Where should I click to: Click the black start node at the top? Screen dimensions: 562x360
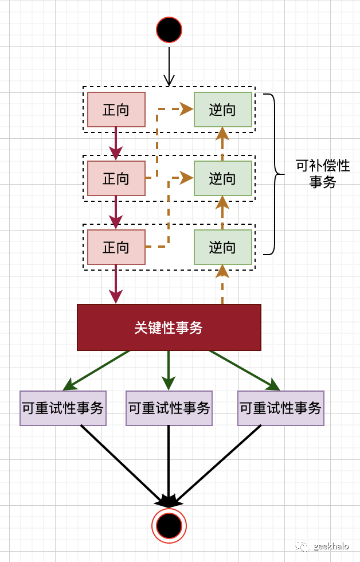pos(169,30)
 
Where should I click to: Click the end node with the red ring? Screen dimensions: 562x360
pos(169,525)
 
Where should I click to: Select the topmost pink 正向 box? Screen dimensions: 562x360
pos(116,110)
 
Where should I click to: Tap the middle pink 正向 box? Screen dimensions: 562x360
pos(116,178)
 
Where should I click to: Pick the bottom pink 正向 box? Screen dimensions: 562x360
pos(116,247)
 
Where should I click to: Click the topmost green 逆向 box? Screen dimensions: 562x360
pos(222,110)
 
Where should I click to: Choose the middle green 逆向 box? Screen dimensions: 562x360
pos(222,178)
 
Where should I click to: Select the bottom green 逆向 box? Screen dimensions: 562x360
pos(222,247)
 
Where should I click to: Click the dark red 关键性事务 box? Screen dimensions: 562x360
pos(169,327)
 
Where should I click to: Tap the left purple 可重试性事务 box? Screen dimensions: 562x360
pos(63,408)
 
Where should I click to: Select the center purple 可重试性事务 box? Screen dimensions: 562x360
pos(169,408)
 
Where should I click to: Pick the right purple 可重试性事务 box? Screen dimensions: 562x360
pos(281,408)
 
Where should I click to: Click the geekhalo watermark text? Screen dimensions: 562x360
pos(331,546)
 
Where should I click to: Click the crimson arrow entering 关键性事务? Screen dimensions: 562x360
pos(116,284)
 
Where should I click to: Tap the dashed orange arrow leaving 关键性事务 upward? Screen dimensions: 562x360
pos(222,287)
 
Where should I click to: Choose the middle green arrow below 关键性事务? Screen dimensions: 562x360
pos(169,370)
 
